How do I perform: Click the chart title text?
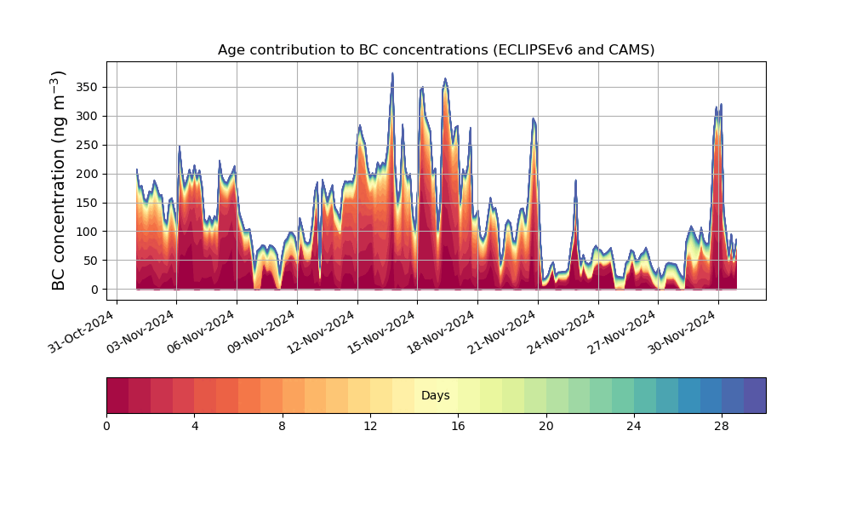(x=436, y=49)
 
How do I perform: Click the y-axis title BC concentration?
(x=59, y=181)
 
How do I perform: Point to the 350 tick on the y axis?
(x=85, y=87)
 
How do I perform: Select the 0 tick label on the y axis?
(x=94, y=290)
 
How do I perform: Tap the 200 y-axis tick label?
(x=85, y=174)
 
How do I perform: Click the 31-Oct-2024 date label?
(x=82, y=332)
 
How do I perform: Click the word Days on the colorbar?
(x=436, y=396)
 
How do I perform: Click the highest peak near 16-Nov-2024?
(x=392, y=74)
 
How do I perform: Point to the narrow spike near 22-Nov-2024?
(x=575, y=181)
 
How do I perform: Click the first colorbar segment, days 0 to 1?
(x=117, y=395)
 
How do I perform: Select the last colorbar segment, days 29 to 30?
(x=755, y=395)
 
